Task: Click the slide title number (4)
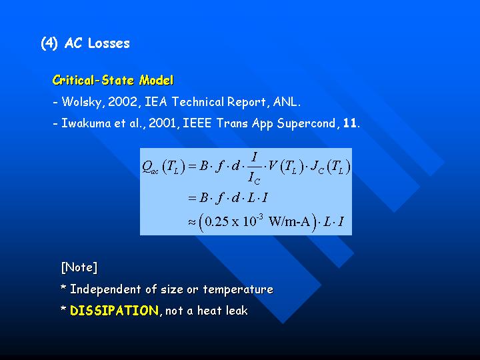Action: click(x=49, y=43)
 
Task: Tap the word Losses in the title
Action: click(x=109, y=43)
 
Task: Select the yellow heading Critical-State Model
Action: click(x=113, y=80)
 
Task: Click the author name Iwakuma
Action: click(x=86, y=123)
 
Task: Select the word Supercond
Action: click(x=306, y=124)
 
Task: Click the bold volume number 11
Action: click(x=349, y=123)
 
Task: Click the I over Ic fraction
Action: click(x=254, y=169)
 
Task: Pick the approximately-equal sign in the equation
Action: click(x=192, y=222)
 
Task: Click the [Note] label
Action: click(x=79, y=267)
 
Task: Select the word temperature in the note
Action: click(x=238, y=289)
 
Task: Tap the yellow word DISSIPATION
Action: click(x=114, y=311)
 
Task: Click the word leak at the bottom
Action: click(x=237, y=311)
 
